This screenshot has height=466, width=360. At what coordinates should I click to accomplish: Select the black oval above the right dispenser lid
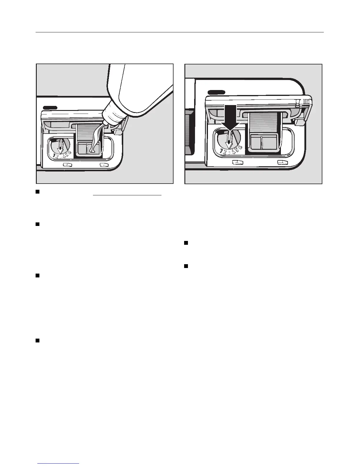[x=216, y=92]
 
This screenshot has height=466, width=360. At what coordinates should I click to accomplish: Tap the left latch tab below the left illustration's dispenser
[x=67, y=165]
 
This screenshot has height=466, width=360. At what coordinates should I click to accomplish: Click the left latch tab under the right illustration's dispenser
[x=238, y=162]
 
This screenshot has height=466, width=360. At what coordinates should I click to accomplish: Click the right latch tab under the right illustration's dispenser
[x=282, y=162]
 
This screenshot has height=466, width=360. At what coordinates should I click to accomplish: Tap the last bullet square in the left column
[x=38, y=341]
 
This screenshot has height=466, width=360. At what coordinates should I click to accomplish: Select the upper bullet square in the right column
[x=186, y=243]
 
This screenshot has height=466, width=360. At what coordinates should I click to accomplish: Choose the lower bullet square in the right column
[x=186, y=266]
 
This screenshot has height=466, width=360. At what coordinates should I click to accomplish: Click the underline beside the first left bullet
[x=127, y=195]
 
